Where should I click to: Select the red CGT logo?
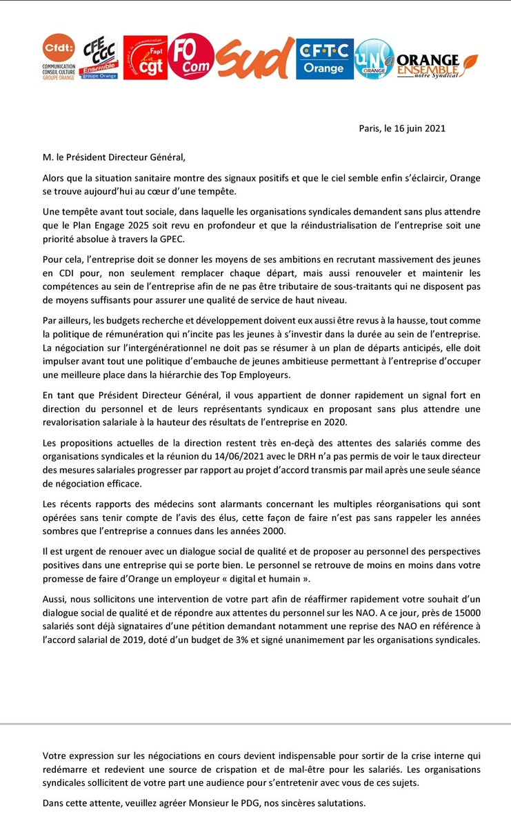[145, 57]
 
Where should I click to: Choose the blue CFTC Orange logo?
[324, 59]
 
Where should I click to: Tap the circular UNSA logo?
[374, 59]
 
